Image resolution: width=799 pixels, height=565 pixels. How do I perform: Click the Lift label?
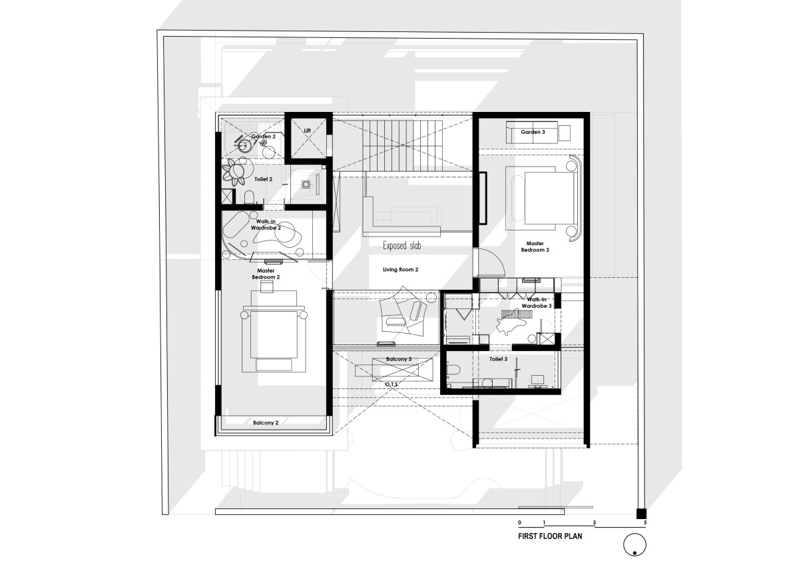307,131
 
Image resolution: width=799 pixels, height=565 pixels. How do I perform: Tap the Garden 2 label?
263,137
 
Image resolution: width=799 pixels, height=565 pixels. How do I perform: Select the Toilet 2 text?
263,179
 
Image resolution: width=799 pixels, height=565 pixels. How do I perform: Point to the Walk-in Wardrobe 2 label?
266,225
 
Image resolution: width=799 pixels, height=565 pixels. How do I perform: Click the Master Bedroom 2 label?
266,274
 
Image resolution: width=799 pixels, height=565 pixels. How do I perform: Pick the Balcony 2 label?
266,422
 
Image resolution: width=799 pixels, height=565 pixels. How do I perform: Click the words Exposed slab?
402,246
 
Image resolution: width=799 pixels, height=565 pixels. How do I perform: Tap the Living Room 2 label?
401,269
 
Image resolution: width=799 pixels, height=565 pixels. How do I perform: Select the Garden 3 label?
533,132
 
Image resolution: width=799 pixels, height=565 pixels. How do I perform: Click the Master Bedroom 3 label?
535,247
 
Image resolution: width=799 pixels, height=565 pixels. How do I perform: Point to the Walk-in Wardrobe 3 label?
537,302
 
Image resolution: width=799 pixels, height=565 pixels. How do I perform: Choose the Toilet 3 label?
498,359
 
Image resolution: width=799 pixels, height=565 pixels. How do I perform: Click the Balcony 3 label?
399,359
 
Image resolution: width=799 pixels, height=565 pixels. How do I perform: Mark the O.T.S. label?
392,384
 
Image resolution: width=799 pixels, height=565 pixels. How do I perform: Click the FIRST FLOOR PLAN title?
550,536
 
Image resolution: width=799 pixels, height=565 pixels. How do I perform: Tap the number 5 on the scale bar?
645,522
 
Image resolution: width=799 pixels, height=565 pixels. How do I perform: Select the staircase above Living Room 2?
402,146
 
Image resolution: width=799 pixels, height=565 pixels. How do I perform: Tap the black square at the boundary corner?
641,514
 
